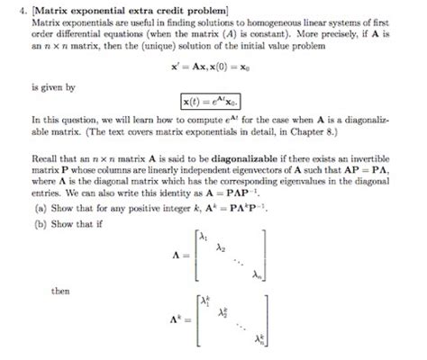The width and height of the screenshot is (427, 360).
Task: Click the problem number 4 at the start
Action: pyautogui.click(x=11, y=9)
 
